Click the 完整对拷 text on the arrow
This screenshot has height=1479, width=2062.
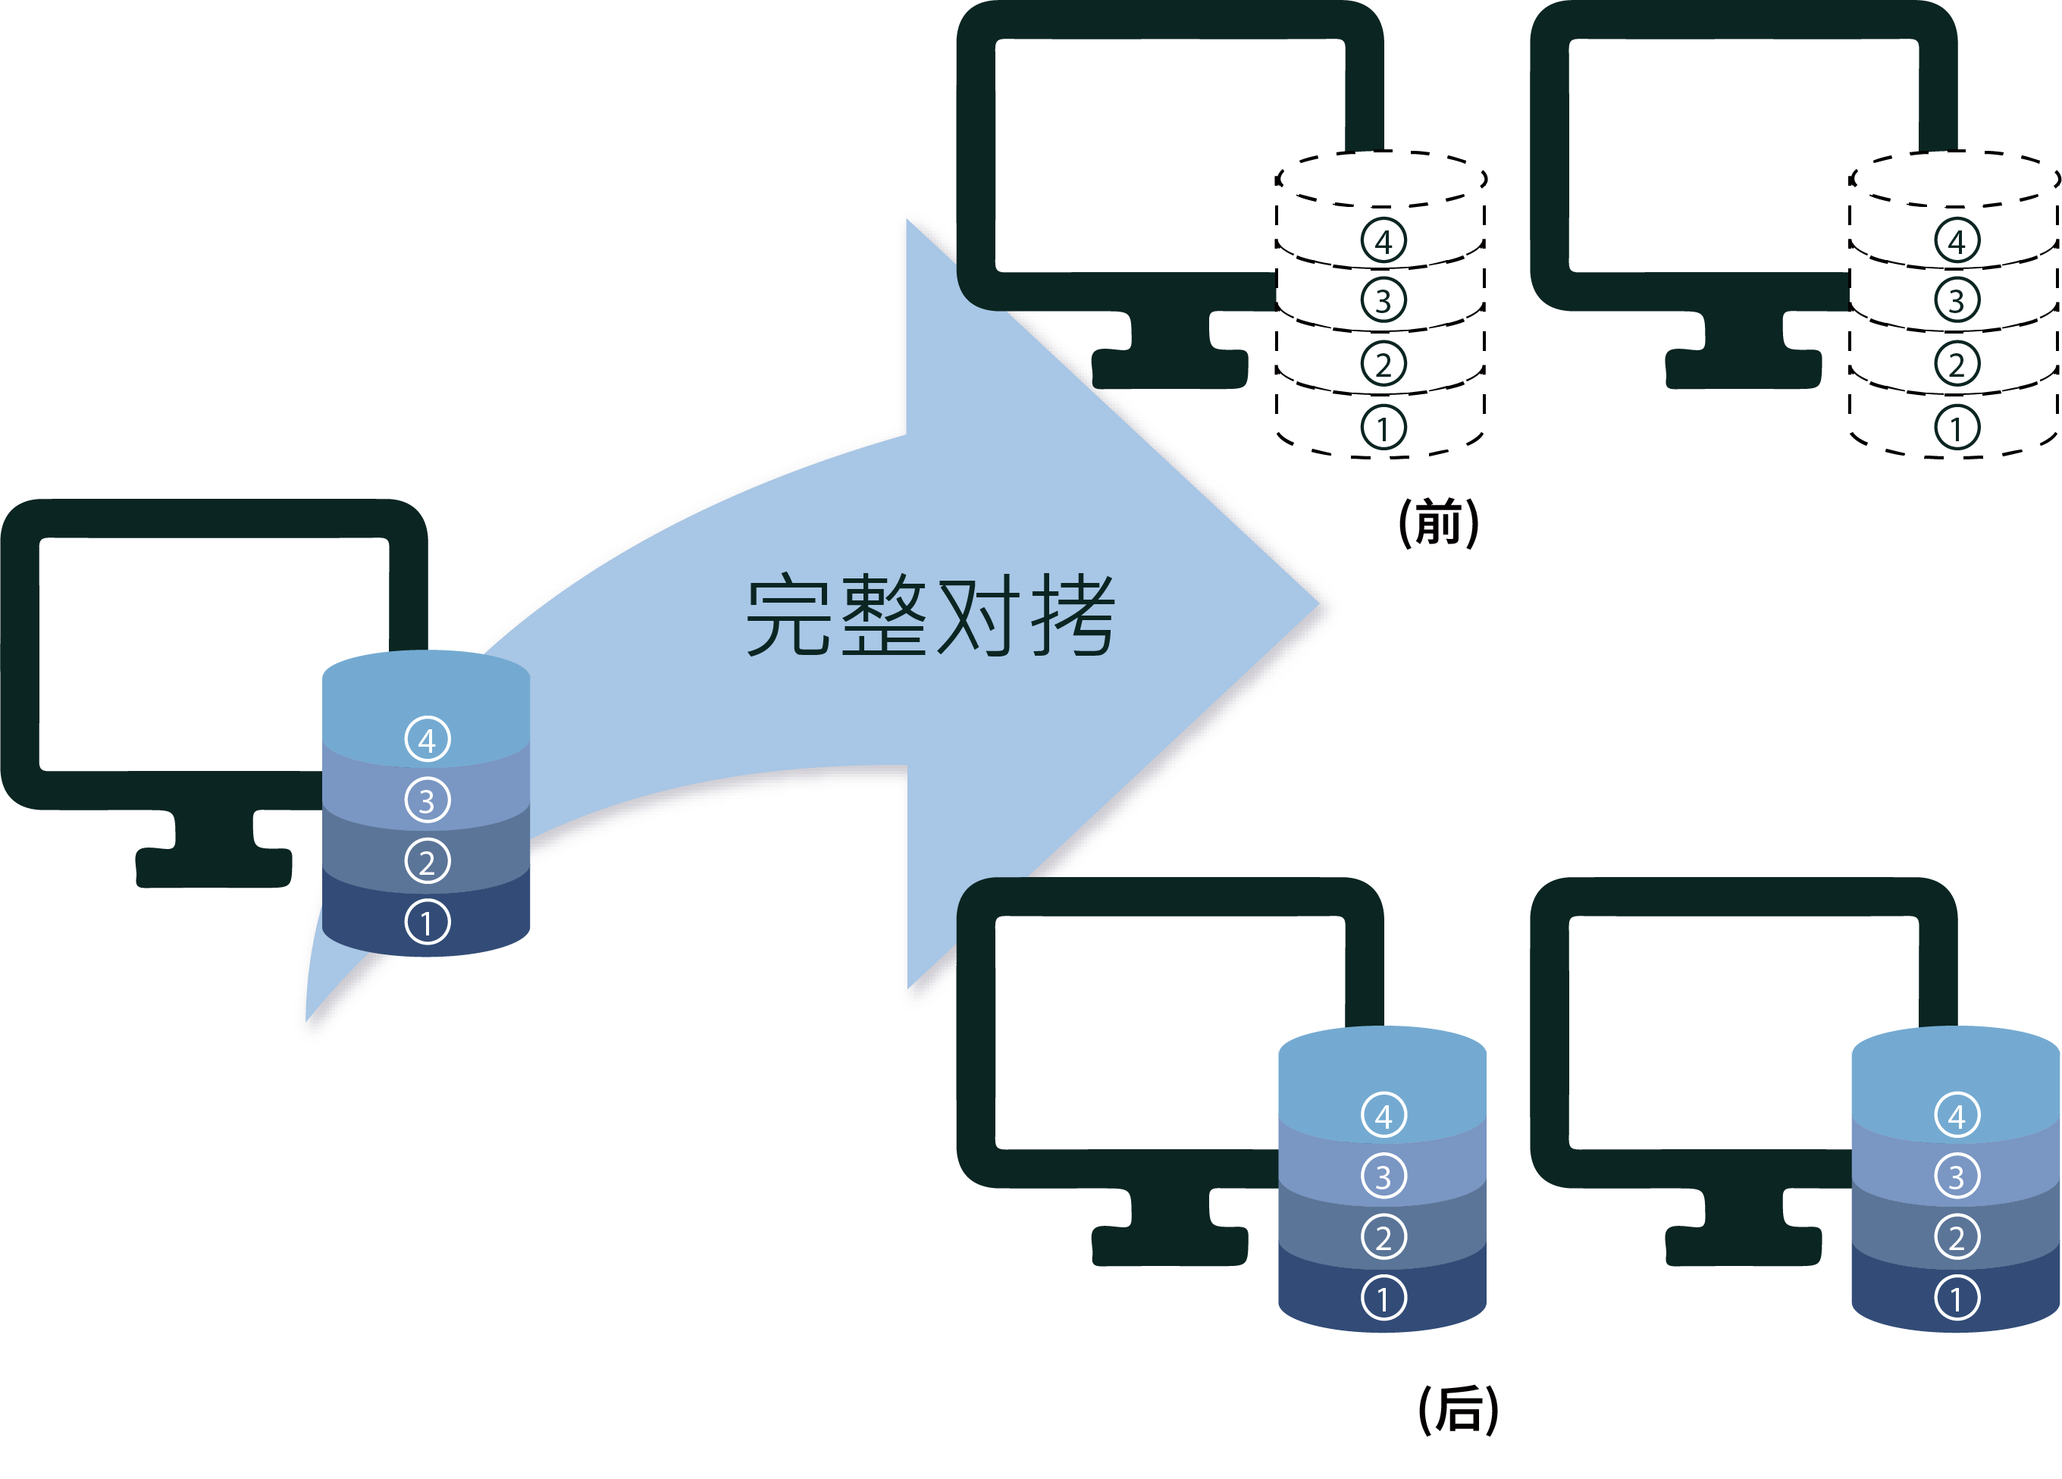point(929,616)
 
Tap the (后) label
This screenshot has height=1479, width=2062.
point(1459,1410)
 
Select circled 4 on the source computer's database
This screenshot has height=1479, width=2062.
point(428,739)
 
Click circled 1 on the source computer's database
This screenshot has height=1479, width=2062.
point(428,923)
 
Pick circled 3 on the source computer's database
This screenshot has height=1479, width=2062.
point(428,800)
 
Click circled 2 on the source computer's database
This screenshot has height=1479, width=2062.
point(428,862)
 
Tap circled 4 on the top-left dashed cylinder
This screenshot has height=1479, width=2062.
point(1384,241)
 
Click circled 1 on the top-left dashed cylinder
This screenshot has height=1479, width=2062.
point(1384,428)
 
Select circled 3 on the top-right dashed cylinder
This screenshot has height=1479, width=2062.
point(1957,300)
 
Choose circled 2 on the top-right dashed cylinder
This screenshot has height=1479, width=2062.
point(1957,364)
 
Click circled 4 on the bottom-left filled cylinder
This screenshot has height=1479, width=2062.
point(1384,1115)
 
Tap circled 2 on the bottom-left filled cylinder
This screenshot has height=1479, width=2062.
point(1384,1237)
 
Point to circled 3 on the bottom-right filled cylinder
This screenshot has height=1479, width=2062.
point(1957,1177)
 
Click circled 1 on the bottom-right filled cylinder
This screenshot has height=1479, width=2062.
point(1957,1298)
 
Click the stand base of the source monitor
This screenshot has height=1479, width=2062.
point(214,868)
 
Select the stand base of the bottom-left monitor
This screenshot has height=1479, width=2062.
point(1170,1246)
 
